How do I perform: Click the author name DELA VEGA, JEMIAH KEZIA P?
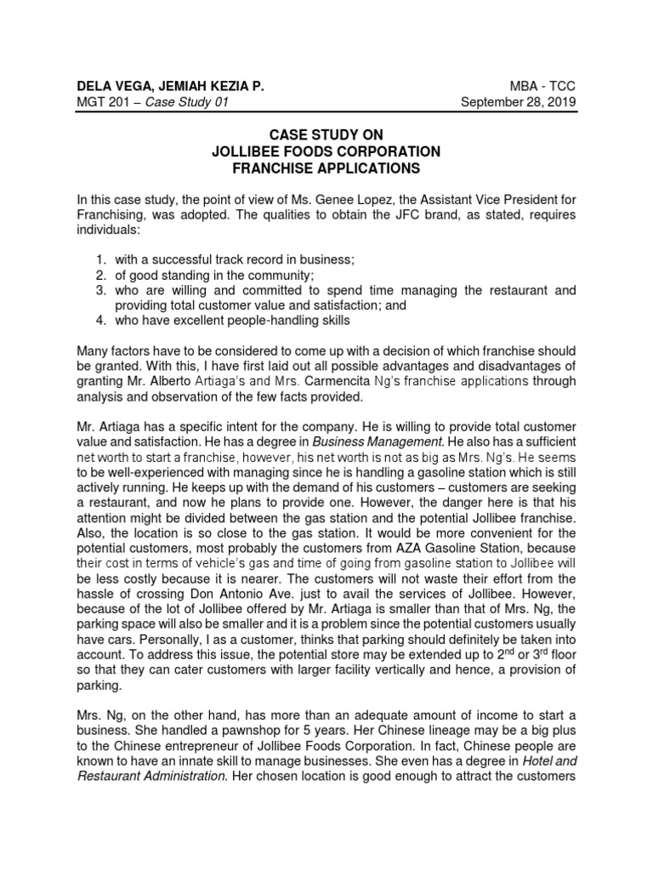(170, 86)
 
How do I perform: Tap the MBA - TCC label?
(546, 86)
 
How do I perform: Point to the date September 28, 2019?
(518, 102)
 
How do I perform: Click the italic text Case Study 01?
(188, 102)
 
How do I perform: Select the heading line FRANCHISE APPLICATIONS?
(326, 168)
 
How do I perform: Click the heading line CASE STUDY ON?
(326, 135)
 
